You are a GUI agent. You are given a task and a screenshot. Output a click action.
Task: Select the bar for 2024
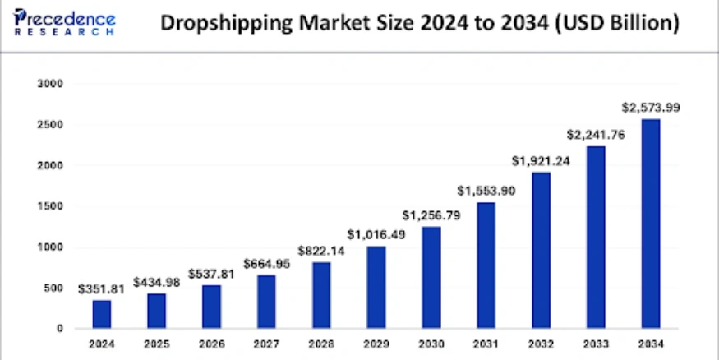coord(101,314)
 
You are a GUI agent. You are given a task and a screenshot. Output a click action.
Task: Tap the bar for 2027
coord(266,301)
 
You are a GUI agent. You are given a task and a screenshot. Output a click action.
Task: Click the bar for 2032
coord(542,250)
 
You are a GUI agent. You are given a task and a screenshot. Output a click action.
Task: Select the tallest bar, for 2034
coord(652,224)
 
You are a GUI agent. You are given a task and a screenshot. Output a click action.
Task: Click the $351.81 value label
coord(101,288)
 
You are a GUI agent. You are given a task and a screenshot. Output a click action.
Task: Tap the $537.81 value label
coord(211,273)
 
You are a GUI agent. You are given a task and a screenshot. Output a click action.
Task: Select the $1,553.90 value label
coord(486,191)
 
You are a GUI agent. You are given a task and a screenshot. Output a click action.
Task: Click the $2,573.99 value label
coord(652,107)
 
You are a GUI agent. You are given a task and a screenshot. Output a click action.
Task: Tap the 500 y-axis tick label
coord(53,288)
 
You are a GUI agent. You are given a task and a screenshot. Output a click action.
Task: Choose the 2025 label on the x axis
coord(156,343)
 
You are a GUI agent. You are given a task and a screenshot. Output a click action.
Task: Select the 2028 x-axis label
coord(321,343)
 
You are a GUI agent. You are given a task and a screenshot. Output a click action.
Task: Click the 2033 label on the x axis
coord(597,343)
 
